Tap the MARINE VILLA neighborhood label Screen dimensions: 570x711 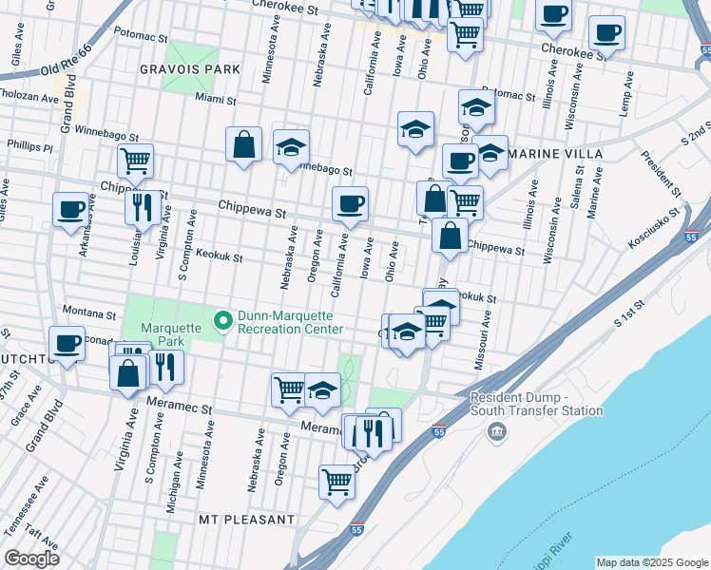click(555, 154)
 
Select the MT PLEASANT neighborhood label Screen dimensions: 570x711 click(246, 520)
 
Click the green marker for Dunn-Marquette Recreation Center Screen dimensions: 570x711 click(223, 321)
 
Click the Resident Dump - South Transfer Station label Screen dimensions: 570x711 click(537, 404)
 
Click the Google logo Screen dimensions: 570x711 click(31, 559)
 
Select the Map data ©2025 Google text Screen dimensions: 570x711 click(652, 562)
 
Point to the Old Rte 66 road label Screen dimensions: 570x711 click(67, 61)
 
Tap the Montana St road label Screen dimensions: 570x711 click(88, 312)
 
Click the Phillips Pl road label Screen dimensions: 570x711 click(29, 147)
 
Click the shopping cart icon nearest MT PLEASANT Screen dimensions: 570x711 click(336, 483)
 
